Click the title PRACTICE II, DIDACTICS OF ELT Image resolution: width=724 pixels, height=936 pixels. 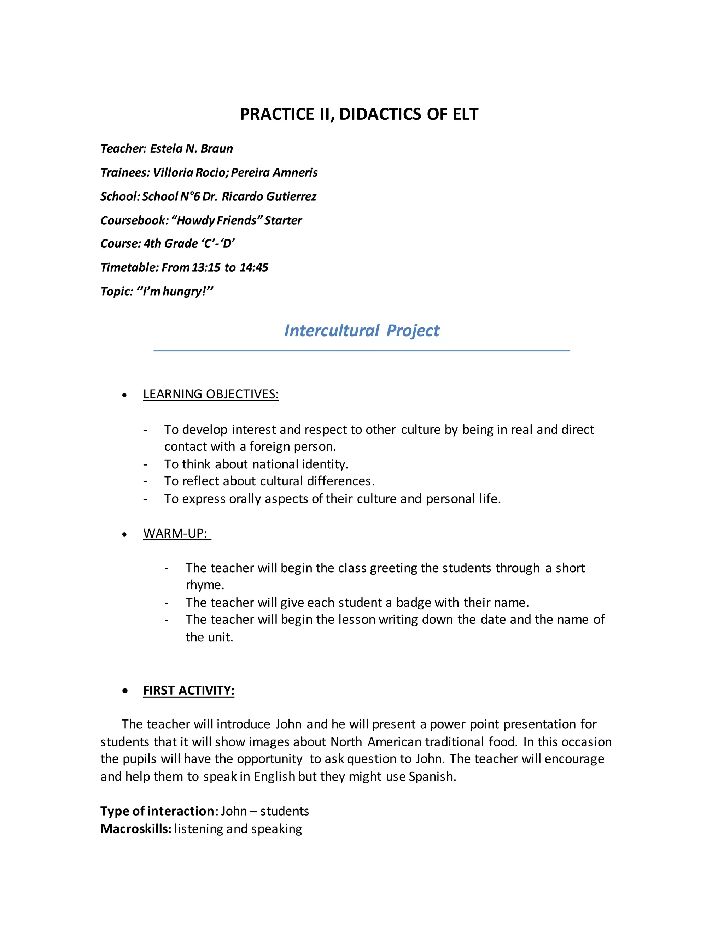pyautogui.click(x=359, y=114)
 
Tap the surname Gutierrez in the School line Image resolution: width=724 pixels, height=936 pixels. pyautogui.click(x=291, y=197)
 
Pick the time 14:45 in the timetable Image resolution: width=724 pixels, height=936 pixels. pyautogui.click(x=254, y=267)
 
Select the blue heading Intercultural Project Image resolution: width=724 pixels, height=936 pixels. pyautogui.click(x=362, y=331)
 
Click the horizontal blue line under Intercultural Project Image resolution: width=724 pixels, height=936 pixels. pyautogui.click(x=362, y=351)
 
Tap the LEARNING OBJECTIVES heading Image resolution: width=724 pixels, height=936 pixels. pyautogui.click(x=211, y=394)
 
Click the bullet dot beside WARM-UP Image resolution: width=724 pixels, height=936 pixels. pyautogui.click(x=124, y=534)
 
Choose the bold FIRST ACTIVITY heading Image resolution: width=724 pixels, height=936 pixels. pyautogui.click(x=189, y=691)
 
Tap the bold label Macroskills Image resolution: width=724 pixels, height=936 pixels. pyautogui.click(x=135, y=829)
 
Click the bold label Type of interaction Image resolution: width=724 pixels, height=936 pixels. pyautogui.click(x=157, y=811)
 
